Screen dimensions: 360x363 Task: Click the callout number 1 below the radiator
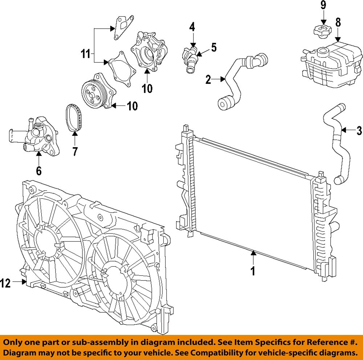pos(253,271)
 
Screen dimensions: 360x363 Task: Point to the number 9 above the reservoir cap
pos(323,5)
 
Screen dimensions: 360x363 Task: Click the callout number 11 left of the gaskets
pos(85,54)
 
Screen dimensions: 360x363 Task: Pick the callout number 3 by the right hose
pos(359,130)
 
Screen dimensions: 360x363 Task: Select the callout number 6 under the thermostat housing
pos(38,170)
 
